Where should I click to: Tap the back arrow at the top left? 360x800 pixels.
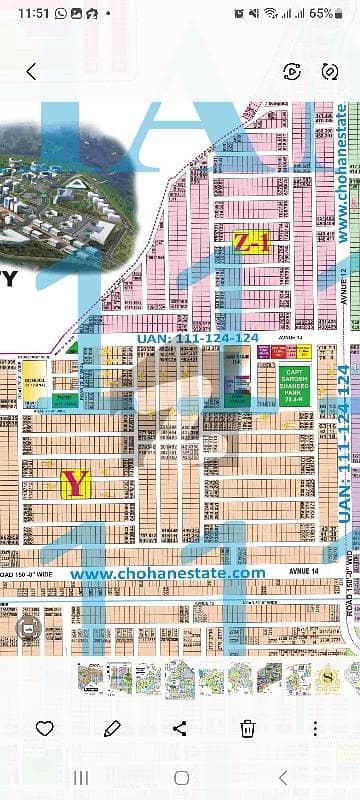(x=31, y=71)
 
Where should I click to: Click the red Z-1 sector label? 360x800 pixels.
(x=250, y=241)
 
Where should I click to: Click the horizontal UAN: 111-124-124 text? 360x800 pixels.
(x=196, y=339)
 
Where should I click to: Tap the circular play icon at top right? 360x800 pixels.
(x=292, y=71)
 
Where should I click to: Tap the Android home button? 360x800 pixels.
(x=180, y=777)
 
